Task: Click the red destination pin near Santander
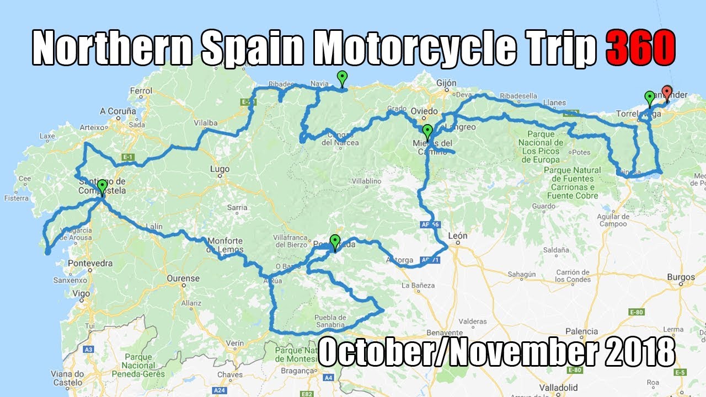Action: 667,93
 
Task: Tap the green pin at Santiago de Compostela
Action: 102,186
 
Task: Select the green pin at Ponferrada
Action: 335,242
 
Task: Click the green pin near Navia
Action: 343,78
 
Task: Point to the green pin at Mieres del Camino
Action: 427,132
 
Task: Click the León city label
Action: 458,236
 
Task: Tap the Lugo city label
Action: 220,169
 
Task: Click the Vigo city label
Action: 82,293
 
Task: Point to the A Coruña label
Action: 118,111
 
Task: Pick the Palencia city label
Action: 581,331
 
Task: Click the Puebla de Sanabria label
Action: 330,321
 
